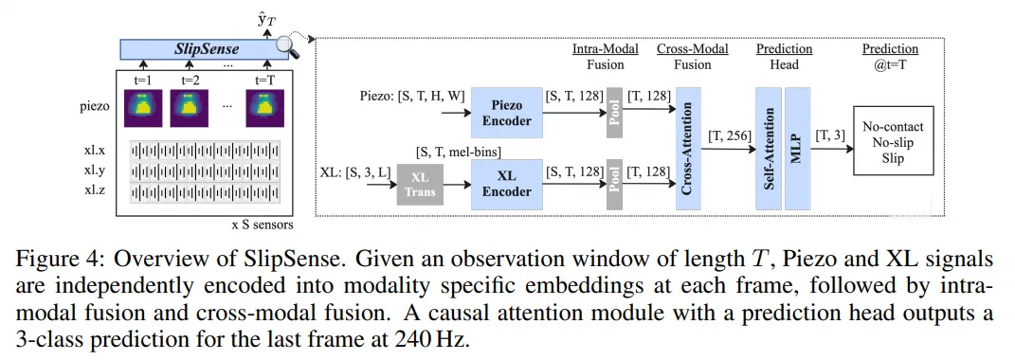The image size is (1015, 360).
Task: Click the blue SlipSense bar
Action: coord(204,48)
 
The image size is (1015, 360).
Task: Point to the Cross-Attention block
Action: coord(689,149)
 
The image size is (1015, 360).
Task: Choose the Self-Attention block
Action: coord(768,149)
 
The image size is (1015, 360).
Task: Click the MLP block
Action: coord(798,149)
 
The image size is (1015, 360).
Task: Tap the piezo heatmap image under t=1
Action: coord(143,109)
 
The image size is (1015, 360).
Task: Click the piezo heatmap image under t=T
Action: coord(264,109)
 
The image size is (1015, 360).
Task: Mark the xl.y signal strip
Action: coord(205,171)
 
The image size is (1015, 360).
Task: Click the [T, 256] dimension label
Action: coord(729,137)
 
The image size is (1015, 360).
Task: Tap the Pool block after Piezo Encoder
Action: coord(614,114)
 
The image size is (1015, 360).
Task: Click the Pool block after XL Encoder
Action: coord(614,184)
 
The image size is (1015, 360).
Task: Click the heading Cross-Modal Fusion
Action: coord(692,56)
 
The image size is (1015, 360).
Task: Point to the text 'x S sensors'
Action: coord(263,225)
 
